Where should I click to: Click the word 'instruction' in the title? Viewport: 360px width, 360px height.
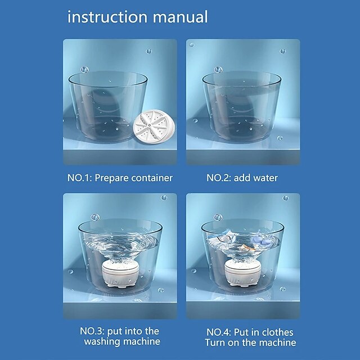107,17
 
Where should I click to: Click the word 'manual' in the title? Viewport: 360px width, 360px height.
180,17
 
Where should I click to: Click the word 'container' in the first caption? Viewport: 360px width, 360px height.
152,178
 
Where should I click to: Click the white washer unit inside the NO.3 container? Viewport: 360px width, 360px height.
120,273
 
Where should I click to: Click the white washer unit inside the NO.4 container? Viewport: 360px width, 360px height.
243,273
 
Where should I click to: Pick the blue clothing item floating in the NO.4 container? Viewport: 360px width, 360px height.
262,241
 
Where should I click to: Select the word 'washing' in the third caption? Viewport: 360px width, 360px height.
102,341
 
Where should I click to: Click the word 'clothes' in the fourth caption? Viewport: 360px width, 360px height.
277,332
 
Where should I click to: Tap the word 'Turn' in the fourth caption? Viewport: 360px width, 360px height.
215,343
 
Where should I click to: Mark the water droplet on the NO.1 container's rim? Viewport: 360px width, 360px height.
84,69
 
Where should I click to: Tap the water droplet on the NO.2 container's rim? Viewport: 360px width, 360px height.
218,69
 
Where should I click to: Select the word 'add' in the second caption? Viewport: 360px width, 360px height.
241,178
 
